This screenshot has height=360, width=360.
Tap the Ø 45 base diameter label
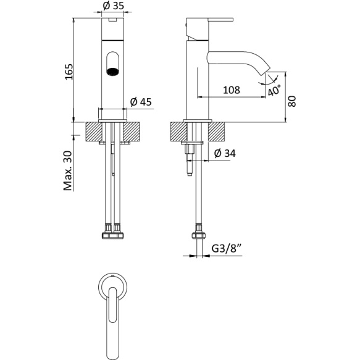[x=140, y=103]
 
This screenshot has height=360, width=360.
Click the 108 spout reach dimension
[x=230, y=90]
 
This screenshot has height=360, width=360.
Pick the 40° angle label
[x=275, y=91]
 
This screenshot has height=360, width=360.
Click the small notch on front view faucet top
[x=112, y=21]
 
